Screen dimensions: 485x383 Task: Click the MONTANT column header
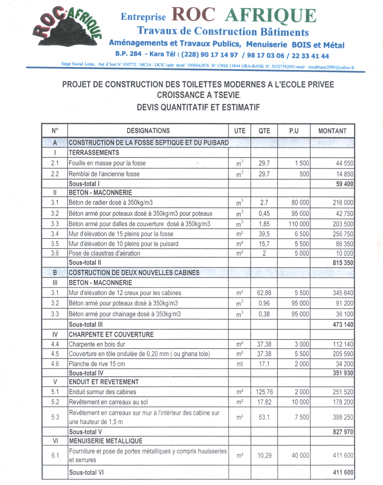(x=332, y=131)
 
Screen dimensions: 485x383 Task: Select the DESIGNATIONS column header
(x=148, y=131)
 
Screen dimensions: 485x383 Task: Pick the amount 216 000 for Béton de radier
(x=341, y=203)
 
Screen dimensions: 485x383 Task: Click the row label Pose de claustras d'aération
(x=105, y=253)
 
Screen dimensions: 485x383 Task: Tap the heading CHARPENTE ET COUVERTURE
(x=111, y=334)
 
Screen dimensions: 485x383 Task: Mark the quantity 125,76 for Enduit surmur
(x=264, y=392)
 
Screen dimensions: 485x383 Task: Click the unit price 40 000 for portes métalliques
(x=294, y=455)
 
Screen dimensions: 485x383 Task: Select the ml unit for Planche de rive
(x=239, y=364)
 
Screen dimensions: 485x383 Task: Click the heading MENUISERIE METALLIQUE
(x=105, y=441)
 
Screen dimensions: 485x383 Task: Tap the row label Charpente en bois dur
(x=97, y=344)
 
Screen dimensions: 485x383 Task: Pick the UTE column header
(x=239, y=131)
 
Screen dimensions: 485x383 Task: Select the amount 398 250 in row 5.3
(x=341, y=417)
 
